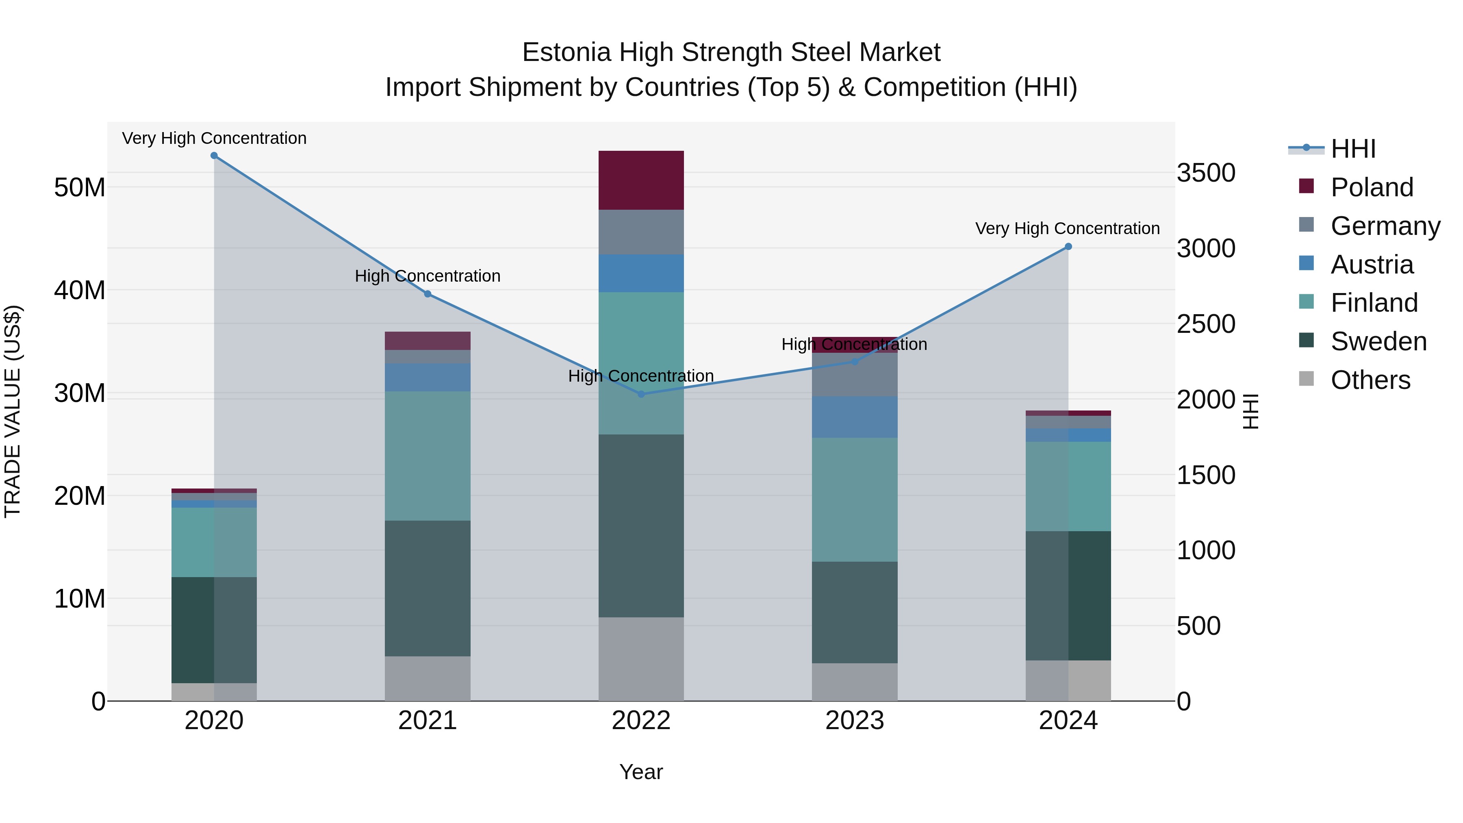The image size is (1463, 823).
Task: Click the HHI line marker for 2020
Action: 214,156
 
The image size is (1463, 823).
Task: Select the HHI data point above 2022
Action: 641,394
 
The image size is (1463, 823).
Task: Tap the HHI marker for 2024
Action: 1068,247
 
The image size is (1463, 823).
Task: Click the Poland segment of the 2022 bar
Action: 641,180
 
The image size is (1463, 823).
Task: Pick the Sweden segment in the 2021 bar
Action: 428,588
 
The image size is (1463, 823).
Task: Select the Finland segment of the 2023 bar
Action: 855,500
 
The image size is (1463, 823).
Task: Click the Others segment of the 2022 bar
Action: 641,659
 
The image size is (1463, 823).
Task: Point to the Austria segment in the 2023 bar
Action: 855,417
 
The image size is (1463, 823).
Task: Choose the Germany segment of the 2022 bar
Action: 641,232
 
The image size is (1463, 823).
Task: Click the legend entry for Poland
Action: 1372,187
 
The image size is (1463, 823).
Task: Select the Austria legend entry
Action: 1372,265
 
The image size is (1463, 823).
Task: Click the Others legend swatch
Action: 1306,379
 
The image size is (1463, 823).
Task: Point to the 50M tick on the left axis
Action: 80,187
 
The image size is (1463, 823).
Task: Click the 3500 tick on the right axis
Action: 1206,173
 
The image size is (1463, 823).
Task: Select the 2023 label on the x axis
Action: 855,721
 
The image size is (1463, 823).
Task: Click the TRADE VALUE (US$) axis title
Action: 13,411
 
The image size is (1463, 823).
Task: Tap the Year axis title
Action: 641,772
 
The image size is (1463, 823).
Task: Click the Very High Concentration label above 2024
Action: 1067,228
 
